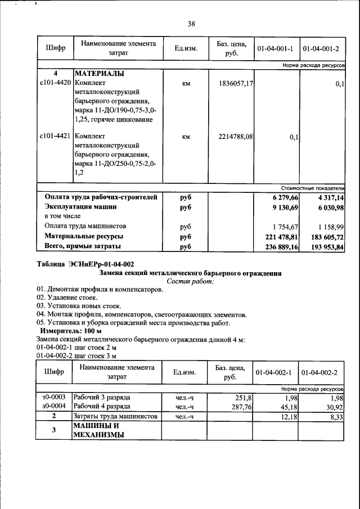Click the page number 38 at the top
[191, 24]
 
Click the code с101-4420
[55, 83]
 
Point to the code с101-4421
[55, 136]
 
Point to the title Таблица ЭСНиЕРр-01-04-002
[85, 264]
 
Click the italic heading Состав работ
[191, 281]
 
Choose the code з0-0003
[54, 398]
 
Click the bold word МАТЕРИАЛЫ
[99, 74]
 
